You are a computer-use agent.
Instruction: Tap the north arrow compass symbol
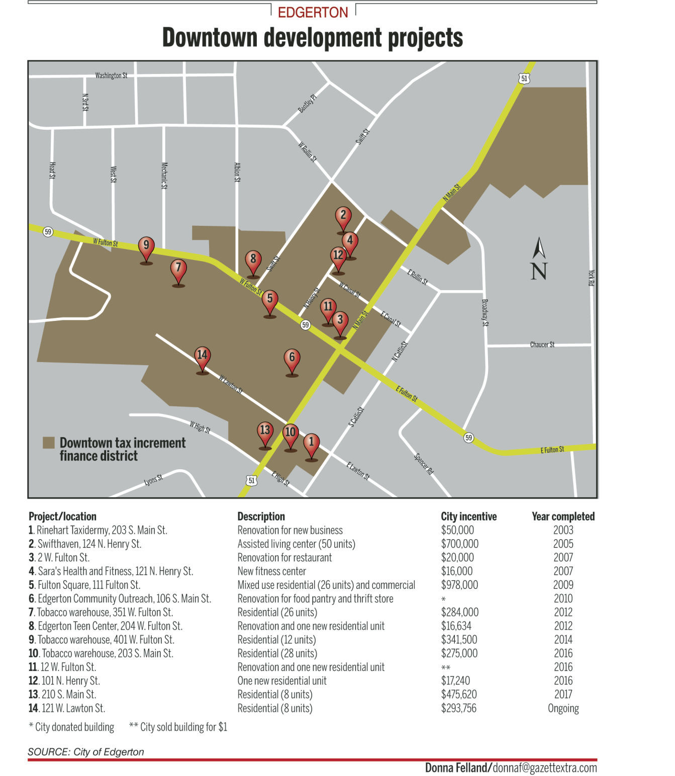tap(539, 258)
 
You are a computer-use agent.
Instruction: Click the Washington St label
tap(111, 75)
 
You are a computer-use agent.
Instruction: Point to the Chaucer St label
tap(542, 344)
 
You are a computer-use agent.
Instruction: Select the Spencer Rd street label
tap(424, 464)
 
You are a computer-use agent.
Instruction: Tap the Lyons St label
tap(153, 480)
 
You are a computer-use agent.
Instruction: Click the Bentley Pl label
tap(307, 103)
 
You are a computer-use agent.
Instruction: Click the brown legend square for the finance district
tap(48, 443)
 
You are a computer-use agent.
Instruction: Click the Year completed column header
tap(563, 516)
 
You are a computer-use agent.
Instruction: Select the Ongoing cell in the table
tap(563, 708)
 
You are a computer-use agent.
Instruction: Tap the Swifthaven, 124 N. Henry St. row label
tap(85, 544)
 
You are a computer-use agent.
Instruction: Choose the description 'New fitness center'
tap(271, 571)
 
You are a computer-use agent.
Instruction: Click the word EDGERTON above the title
tap(313, 13)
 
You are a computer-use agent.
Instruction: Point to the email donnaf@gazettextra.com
tap(545, 768)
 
